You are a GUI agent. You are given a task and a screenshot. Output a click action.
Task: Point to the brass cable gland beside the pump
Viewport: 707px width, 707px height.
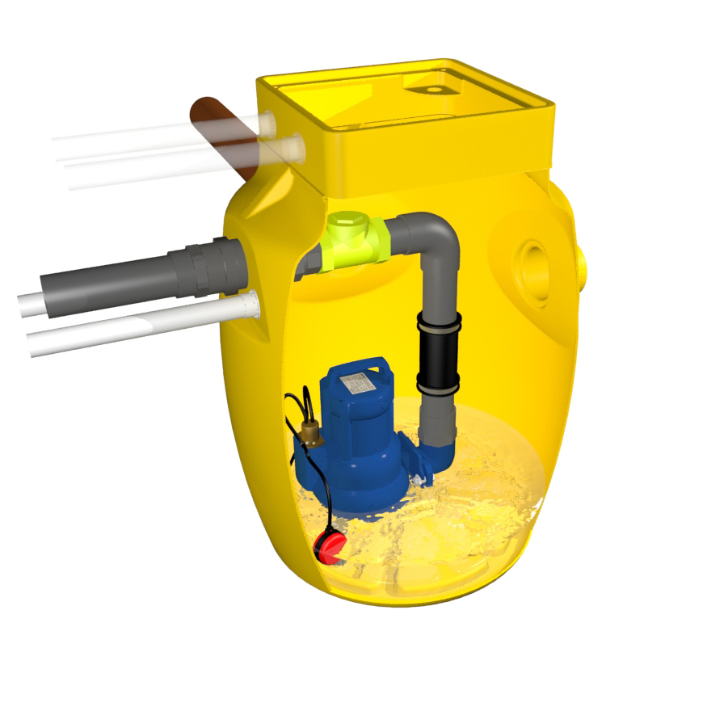307,432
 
